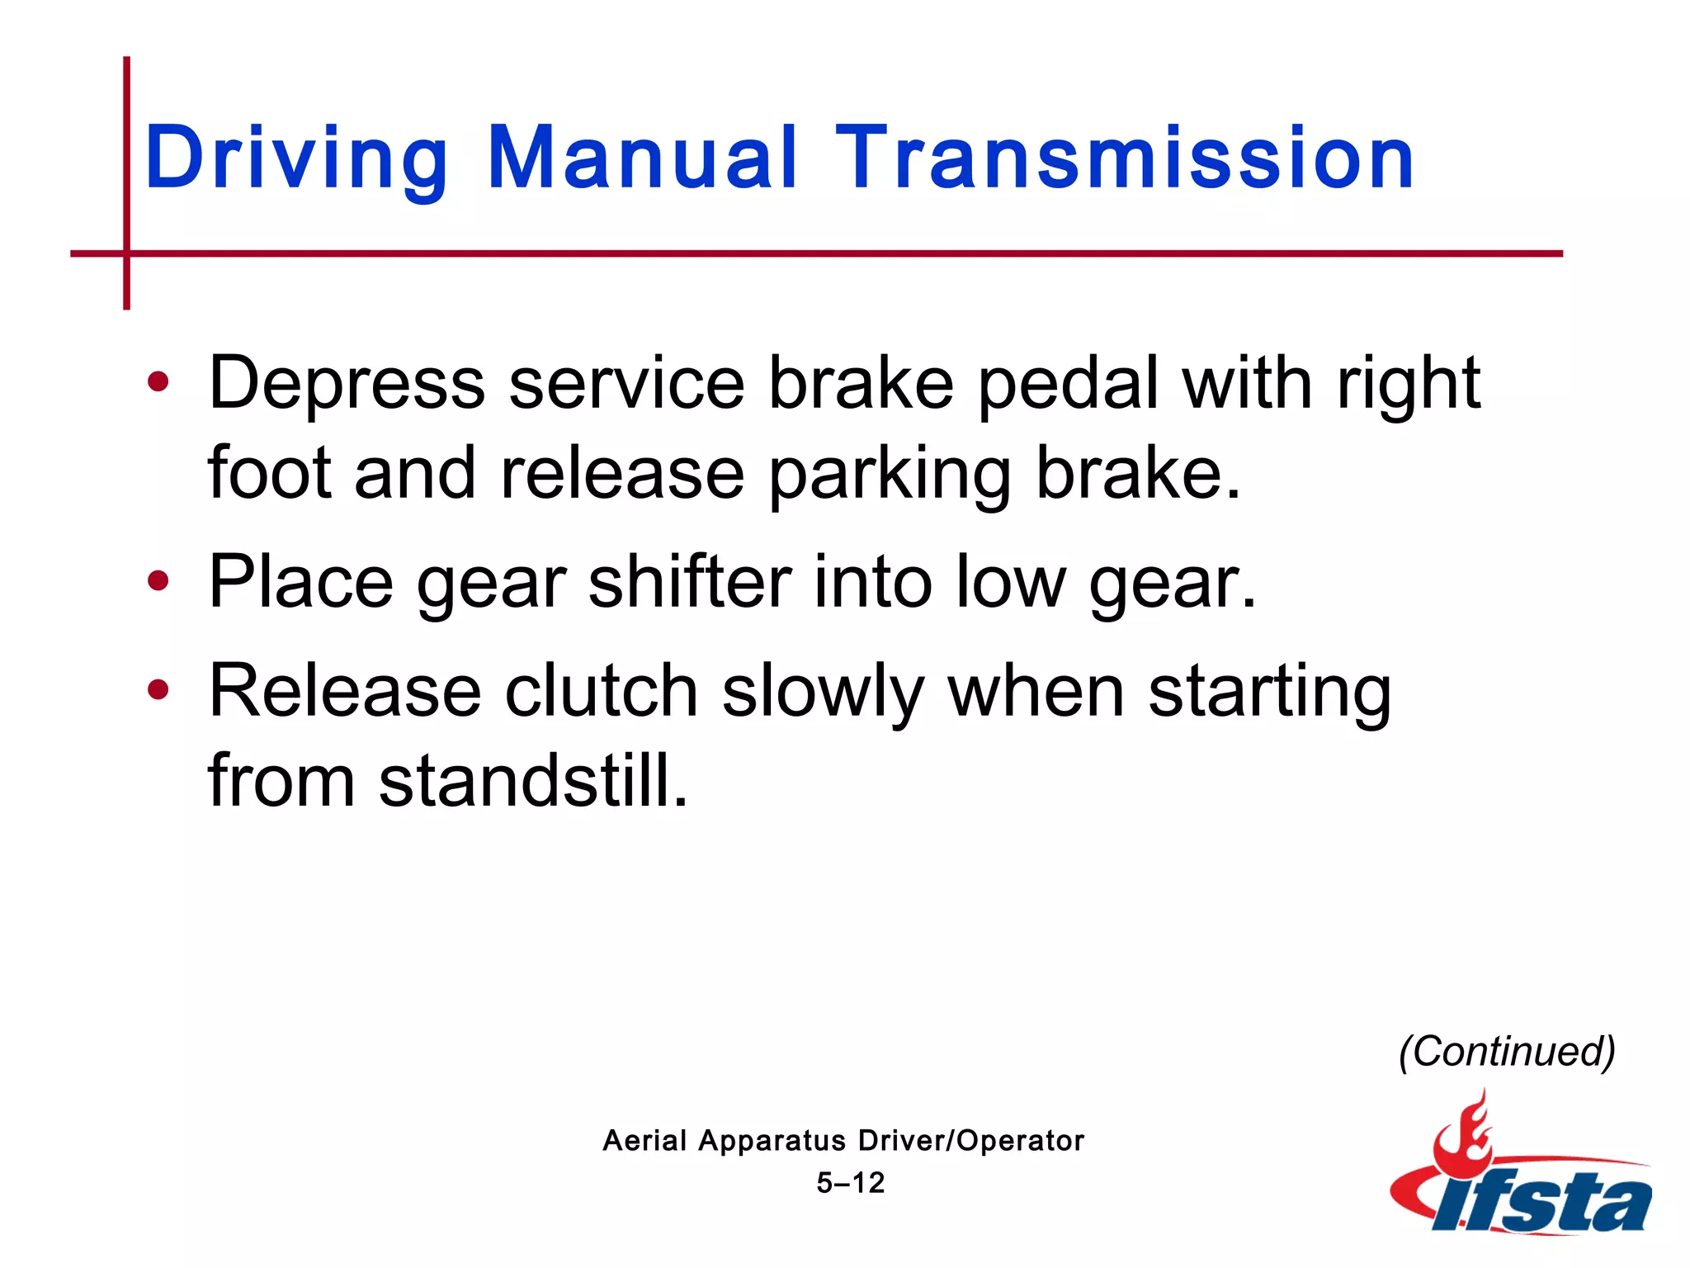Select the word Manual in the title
point(642,157)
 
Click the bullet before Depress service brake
point(158,382)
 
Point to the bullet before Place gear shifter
point(158,581)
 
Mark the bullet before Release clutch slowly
point(158,689)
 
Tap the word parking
point(890,475)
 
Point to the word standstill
point(532,781)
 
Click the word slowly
point(822,692)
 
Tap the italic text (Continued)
point(1507,1052)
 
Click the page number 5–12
point(850,1183)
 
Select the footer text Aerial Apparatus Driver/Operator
point(843,1141)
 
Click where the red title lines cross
point(127,253)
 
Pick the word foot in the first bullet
point(268,474)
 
